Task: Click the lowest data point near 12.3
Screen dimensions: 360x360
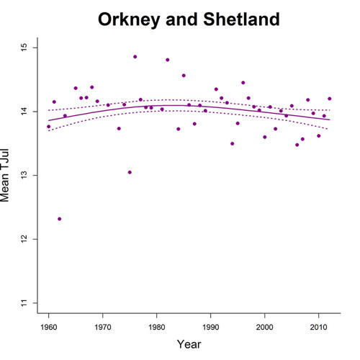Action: [x=59, y=219]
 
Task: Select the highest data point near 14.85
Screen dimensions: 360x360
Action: [x=135, y=57]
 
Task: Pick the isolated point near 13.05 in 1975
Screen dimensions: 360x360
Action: [x=130, y=172]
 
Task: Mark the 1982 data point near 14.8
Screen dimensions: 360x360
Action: [x=167, y=60]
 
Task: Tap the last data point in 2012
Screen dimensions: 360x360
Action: [x=329, y=99]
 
